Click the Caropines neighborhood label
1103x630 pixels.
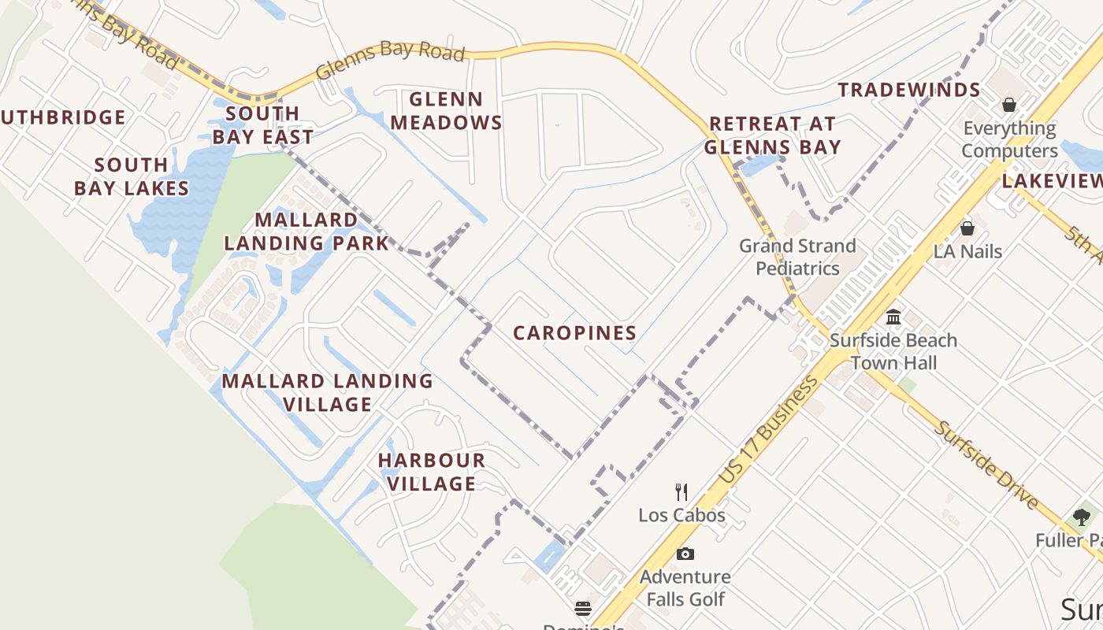point(574,333)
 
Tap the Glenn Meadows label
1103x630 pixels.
point(446,111)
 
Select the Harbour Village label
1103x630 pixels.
point(431,472)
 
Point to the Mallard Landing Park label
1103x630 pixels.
point(306,232)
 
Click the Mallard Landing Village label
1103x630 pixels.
point(327,392)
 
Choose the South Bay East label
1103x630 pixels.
point(262,125)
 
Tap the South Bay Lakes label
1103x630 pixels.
point(132,176)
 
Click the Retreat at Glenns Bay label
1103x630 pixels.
point(772,135)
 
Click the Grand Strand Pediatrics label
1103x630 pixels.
point(797,258)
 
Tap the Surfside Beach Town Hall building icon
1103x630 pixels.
point(893,317)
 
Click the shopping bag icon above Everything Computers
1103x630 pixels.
point(1008,105)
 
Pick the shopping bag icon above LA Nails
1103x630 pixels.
point(967,228)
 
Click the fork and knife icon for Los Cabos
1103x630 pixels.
point(681,492)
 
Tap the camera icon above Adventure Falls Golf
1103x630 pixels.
point(685,554)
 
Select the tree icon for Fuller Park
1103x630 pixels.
point(1081,517)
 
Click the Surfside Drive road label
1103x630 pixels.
point(986,465)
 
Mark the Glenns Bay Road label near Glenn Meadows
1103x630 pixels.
point(390,58)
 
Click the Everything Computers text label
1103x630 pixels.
point(1009,139)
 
